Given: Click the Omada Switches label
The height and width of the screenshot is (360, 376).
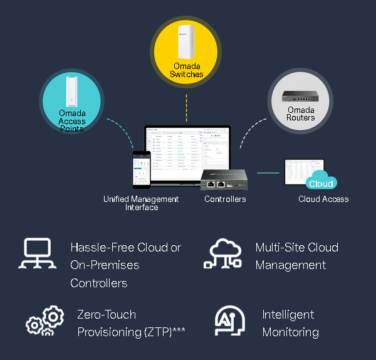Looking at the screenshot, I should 186,70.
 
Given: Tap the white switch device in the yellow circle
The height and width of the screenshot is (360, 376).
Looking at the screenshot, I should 185,41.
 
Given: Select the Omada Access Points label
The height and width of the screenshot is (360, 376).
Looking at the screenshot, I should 71,121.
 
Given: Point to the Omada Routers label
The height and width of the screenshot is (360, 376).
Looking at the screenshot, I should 301,114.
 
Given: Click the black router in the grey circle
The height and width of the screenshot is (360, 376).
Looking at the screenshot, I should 301,96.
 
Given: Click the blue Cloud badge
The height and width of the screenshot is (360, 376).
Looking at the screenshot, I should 321,183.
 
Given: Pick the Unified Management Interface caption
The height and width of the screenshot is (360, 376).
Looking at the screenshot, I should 141,203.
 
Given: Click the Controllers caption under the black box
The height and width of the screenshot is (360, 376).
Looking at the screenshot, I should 225,199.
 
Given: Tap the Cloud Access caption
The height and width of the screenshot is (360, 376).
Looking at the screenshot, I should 323,199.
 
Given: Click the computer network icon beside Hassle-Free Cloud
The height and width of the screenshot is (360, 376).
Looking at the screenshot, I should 39,254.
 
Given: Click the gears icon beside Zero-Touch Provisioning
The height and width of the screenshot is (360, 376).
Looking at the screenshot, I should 44,322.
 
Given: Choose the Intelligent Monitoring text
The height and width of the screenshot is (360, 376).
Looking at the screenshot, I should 290,323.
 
